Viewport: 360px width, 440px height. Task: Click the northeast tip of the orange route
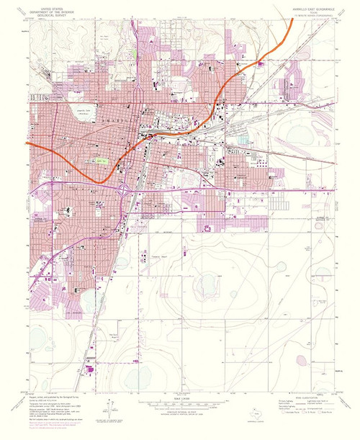click(x=292, y=19)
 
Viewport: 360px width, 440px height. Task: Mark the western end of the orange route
click(x=27, y=143)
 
